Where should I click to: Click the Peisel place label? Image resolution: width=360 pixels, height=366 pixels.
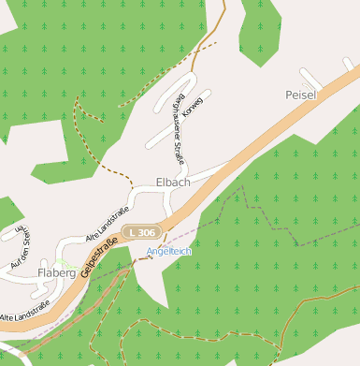click(x=301, y=95)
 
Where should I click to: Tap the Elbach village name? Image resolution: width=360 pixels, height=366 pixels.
click(x=174, y=182)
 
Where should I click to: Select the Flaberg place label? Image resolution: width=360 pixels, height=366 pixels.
click(x=56, y=273)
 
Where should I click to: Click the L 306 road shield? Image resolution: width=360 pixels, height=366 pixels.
click(x=144, y=231)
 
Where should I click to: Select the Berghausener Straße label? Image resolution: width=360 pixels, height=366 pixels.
click(x=177, y=127)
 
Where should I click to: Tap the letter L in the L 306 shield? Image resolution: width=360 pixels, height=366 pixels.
click(x=135, y=231)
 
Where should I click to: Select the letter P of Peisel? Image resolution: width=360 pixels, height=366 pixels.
click(x=289, y=95)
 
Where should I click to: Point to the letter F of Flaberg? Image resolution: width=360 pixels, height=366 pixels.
click(x=41, y=273)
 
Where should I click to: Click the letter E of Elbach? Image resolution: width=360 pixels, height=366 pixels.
click(x=160, y=182)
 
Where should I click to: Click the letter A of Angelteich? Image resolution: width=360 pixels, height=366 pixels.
click(x=150, y=253)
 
